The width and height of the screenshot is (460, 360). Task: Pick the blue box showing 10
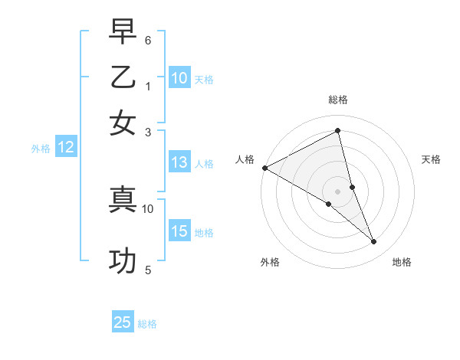(x=179, y=78)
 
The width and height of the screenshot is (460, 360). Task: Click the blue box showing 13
(x=179, y=162)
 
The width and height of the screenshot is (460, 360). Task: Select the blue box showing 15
(x=179, y=231)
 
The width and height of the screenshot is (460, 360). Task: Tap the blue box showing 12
(x=66, y=148)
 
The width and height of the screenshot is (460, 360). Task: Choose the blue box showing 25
(x=123, y=322)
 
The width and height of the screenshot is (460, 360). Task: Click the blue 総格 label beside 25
(x=147, y=324)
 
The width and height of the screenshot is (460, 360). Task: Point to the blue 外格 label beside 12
(x=41, y=149)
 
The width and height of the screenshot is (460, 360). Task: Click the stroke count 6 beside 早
(x=147, y=39)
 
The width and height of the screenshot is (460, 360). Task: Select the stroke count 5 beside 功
(x=147, y=270)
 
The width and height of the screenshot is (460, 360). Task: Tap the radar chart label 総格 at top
(x=338, y=100)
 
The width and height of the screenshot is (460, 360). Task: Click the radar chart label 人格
(x=245, y=159)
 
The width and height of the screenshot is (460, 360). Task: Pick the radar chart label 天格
(x=432, y=159)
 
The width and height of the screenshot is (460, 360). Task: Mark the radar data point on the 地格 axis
(x=374, y=242)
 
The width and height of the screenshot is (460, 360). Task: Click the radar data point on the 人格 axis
(x=264, y=168)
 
